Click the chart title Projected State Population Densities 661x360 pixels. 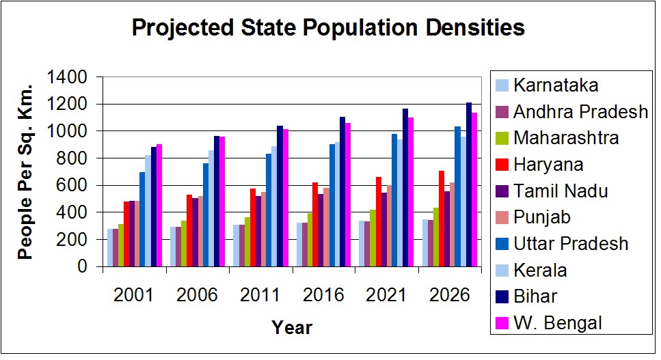[327, 28]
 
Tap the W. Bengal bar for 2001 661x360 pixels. [159, 205]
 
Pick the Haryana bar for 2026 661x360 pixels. [442, 219]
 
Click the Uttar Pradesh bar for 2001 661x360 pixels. [143, 219]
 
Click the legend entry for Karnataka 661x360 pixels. [556, 85]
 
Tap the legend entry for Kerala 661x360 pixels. [540, 270]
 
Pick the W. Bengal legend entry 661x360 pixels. [558, 322]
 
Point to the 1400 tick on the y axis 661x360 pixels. [67, 77]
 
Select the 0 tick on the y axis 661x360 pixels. [82, 266]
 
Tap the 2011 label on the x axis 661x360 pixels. [260, 295]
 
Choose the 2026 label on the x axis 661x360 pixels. [450, 295]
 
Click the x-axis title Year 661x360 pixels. [292, 328]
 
